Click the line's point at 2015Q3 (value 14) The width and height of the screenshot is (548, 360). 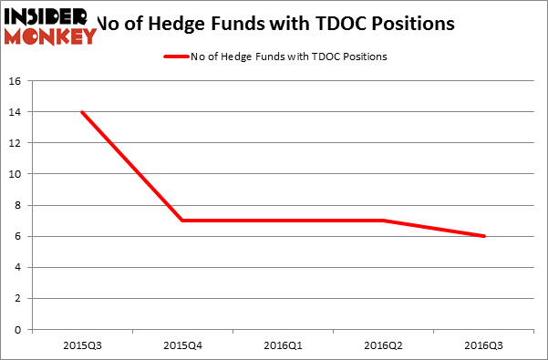(83, 112)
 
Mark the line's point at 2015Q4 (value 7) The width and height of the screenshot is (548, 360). (182, 221)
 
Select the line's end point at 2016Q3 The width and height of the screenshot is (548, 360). (482, 236)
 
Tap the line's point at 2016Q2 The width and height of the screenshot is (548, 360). (382, 221)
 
